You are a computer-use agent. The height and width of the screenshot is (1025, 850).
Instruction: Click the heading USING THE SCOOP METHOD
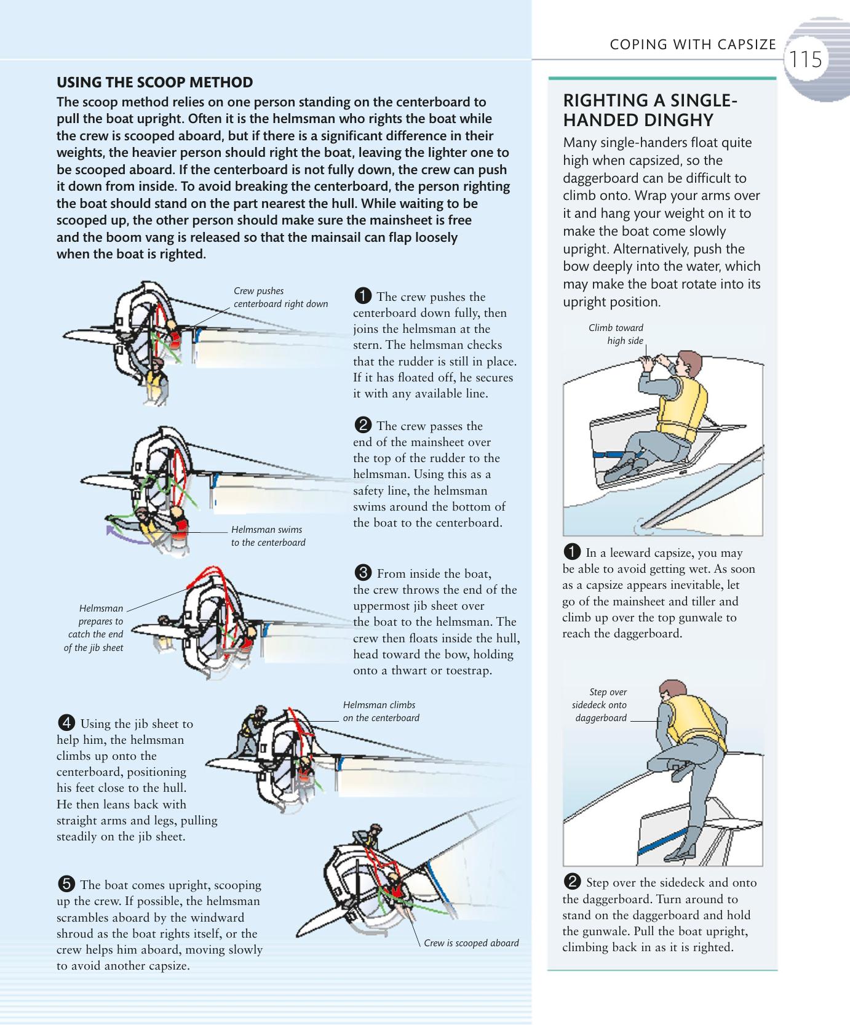point(154,82)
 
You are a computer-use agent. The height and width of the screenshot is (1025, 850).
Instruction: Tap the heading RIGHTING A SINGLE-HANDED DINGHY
point(649,110)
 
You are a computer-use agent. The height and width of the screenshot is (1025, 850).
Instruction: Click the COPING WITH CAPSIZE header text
point(693,44)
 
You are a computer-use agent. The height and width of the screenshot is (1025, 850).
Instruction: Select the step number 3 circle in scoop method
point(363,573)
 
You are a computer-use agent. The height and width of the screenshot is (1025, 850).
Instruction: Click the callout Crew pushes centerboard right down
point(280,297)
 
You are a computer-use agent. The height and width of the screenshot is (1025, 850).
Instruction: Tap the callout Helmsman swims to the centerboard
point(268,536)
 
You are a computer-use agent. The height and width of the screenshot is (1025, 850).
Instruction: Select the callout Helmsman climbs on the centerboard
point(381,711)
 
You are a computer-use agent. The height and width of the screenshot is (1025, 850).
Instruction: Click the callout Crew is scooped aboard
point(471,943)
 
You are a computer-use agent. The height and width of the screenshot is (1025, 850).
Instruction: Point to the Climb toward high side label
point(616,334)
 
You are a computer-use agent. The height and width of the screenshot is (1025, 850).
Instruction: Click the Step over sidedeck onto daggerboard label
point(600,705)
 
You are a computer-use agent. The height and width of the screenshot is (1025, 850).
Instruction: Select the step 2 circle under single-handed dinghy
point(572,882)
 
